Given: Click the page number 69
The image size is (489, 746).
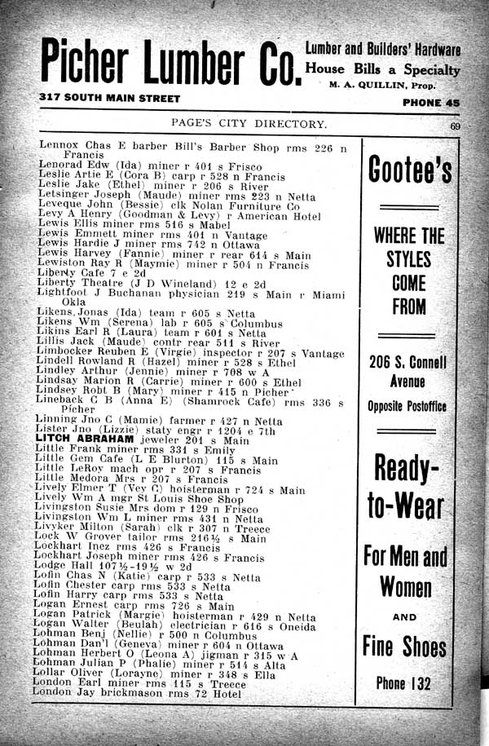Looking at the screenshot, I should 455,126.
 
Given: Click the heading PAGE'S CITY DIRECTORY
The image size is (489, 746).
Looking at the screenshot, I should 248,124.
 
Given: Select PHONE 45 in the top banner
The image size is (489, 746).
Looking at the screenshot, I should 431,103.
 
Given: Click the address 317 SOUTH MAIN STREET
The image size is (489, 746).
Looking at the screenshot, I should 109,98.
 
